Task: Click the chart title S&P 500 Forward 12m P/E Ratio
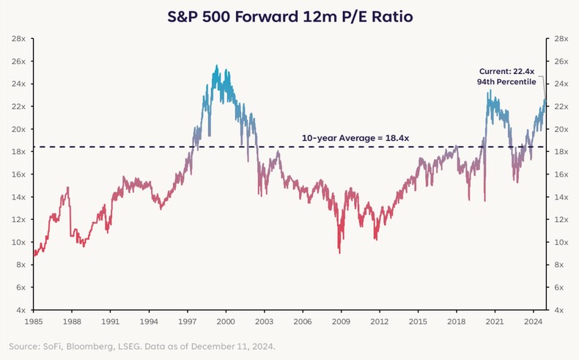289,15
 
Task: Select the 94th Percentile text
508,82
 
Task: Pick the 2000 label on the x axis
226,321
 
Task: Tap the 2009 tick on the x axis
341,321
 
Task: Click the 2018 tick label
456,321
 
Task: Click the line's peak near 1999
216,66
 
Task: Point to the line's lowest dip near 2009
339,252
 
